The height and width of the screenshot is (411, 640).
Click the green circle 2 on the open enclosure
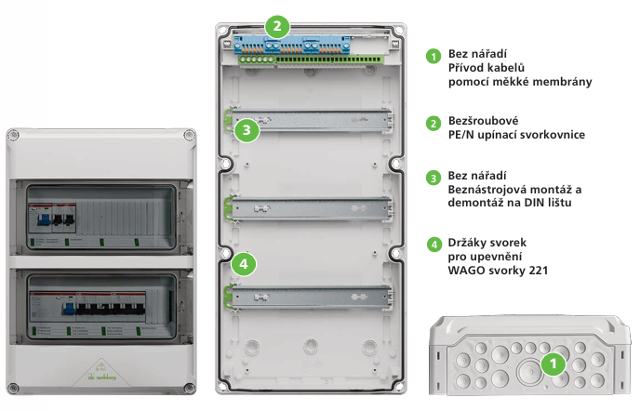277,25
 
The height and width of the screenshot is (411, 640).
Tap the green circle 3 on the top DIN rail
246,130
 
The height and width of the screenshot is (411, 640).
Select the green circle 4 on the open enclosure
244,264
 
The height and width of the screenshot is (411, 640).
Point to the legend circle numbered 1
433,56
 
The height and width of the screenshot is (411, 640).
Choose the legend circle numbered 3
433,177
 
